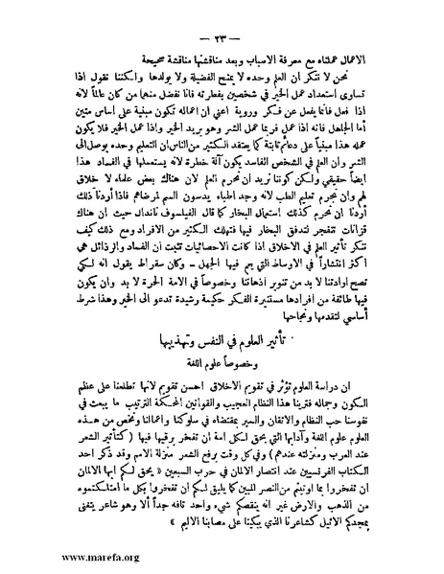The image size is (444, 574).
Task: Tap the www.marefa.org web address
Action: point(50,552)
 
